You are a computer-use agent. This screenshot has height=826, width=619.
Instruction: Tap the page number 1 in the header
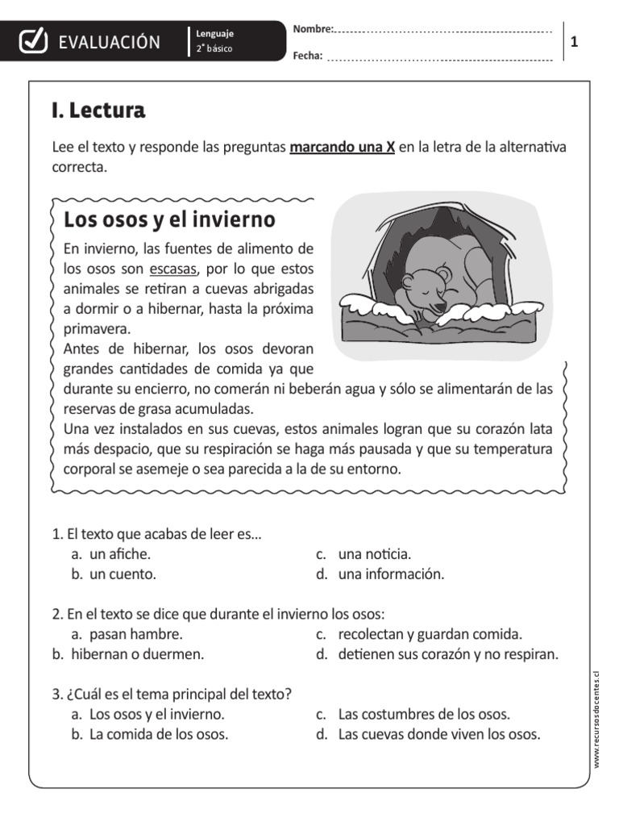575,42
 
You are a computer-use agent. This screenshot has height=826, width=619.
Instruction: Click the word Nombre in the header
312,29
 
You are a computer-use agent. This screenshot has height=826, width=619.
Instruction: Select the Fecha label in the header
308,55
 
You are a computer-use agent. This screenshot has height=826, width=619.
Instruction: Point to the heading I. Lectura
98,111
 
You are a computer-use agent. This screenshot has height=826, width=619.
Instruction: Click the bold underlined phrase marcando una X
342,148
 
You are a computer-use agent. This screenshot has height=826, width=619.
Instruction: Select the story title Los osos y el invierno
169,219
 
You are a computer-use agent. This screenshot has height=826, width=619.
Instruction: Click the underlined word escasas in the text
173,268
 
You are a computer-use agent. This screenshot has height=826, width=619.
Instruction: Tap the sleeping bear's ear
444,277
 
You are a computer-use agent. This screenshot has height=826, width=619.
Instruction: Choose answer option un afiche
120,554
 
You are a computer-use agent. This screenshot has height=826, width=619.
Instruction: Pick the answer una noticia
375,554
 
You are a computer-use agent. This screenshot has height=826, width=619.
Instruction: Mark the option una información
391,574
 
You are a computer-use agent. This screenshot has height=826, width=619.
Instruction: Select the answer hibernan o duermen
137,654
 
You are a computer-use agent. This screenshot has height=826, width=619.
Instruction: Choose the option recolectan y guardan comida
430,634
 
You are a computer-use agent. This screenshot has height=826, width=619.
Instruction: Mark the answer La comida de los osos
159,734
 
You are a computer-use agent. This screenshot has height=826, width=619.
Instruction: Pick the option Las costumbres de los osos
424,714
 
